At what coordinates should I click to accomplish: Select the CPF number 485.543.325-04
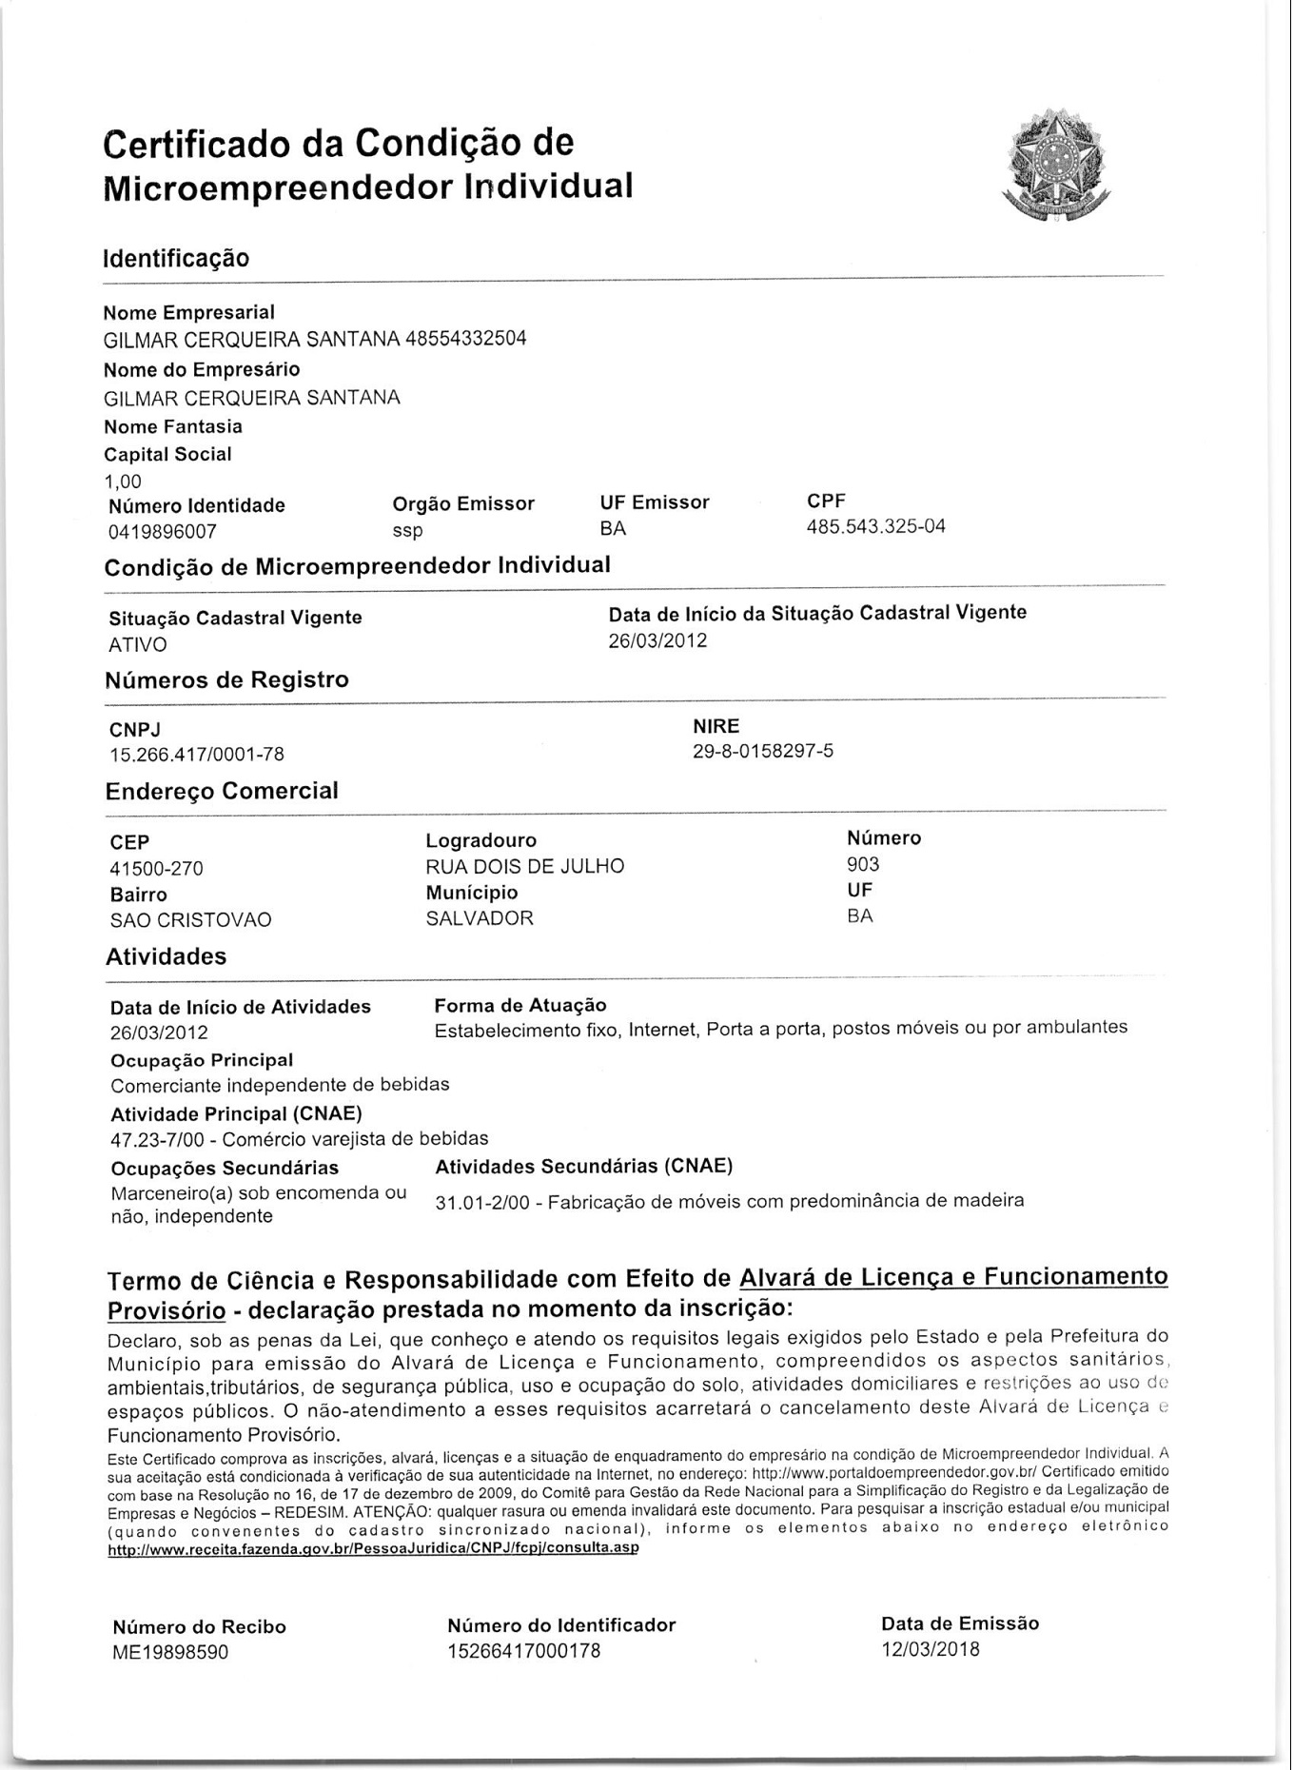point(875,527)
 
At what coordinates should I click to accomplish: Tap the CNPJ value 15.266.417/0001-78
point(197,755)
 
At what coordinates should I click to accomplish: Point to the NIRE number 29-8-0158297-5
point(763,752)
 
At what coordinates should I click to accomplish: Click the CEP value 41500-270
point(157,869)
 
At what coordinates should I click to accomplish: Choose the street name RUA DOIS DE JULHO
point(525,866)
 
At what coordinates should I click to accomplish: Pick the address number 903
point(863,864)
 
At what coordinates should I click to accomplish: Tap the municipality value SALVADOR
point(480,918)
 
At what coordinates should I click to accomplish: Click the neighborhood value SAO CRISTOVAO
point(191,920)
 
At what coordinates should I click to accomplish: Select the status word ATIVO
point(138,645)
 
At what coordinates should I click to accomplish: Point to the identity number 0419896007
point(163,532)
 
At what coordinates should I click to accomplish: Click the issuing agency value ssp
point(408,530)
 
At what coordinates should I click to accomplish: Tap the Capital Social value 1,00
point(123,482)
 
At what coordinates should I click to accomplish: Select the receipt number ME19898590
point(170,1652)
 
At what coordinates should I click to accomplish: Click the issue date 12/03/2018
point(930,1649)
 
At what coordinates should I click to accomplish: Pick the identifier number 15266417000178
point(524,1651)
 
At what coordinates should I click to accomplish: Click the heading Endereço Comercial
point(222,792)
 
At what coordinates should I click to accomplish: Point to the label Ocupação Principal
point(202,1060)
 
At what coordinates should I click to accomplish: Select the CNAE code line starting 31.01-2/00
point(729,1201)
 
